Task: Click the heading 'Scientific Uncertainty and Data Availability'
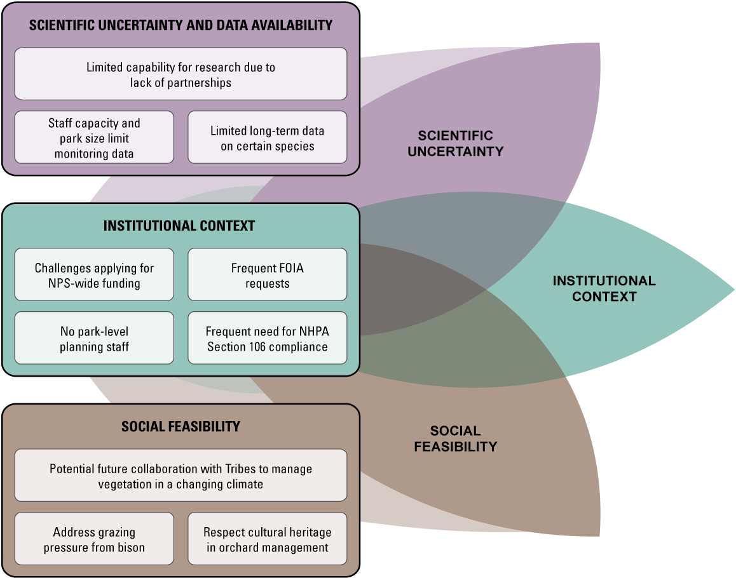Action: pyautogui.click(x=181, y=25)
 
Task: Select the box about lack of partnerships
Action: pyautogui.click(x=181, y=74)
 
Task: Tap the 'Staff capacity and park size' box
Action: pyautogui.click(x=94, y=138)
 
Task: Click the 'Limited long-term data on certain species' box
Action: pyautogui.click(x=268, y=138)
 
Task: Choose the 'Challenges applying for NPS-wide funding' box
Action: pyautogui.click(x=94, y=275)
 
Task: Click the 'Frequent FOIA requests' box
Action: pyautogui.click(x=268, y=275)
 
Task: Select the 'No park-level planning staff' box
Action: pyautogui.click(x=94, y=339)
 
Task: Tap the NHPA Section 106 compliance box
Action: pyautogui.click(x=268, y=339)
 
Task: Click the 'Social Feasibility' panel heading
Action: pyautogui.click(x=181, y=426)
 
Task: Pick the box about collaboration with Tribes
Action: pyautogui.click(x=181, y=476)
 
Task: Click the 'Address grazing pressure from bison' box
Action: pyautogui.click(x=94, y=539)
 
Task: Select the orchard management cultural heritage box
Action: pyautogui.click(x=268, y=539)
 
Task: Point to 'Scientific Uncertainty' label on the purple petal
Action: pyautogui.click(x=455, y=144)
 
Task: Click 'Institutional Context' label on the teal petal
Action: pyautogui.click(x=604, y=288)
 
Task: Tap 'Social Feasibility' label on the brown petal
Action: pyautogui.click(x=455, y=439)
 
